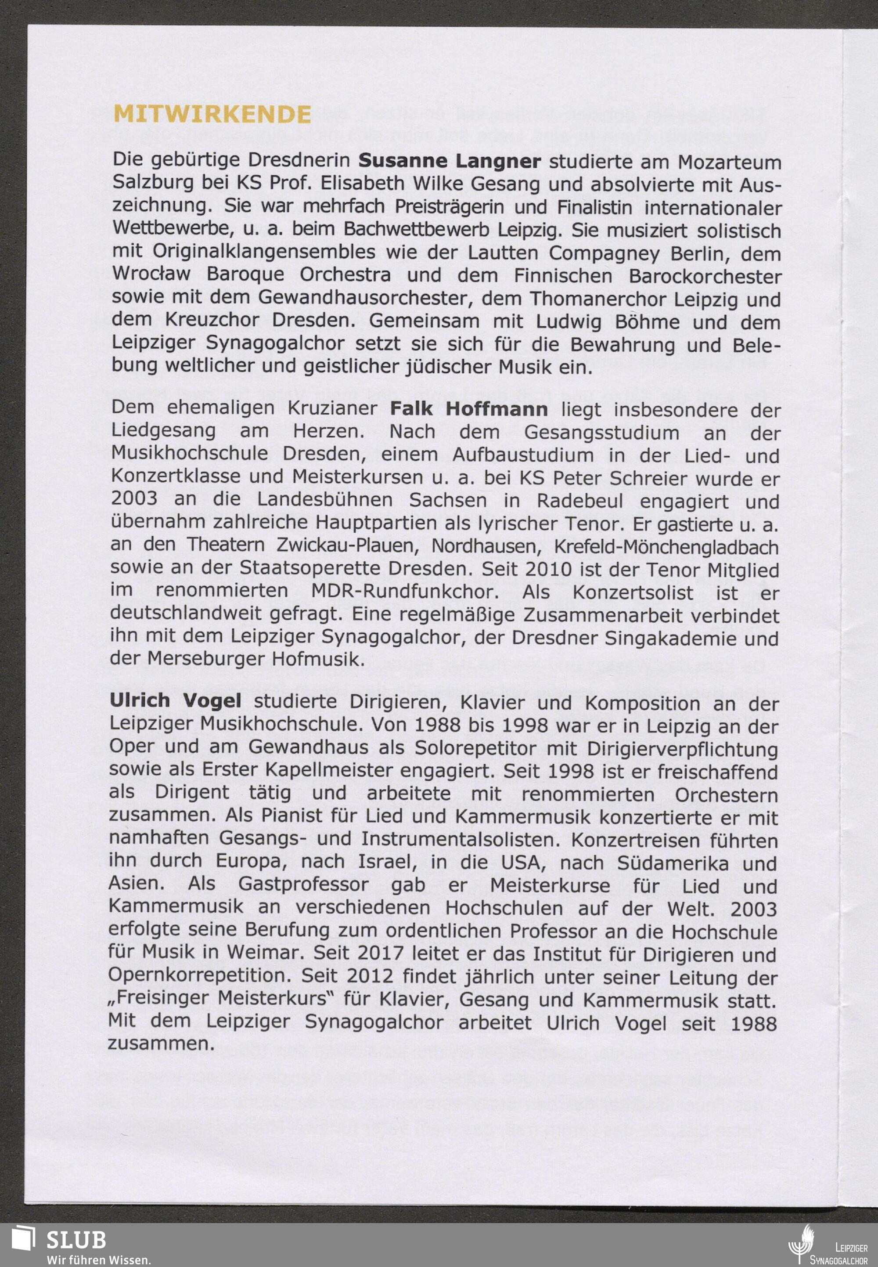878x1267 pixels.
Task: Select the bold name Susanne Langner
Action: click(450, 161)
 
